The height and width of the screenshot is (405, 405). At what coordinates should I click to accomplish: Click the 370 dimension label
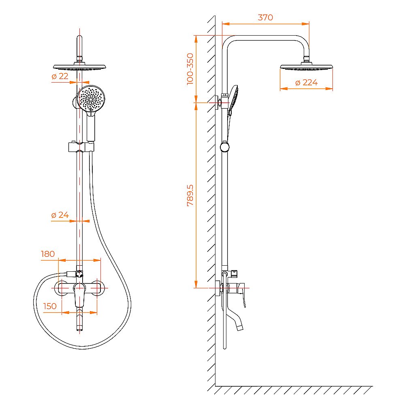[x=265, y=17]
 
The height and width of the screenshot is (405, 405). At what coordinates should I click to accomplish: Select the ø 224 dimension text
[x=306, y=83]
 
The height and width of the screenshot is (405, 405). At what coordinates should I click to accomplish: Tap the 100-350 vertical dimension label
[x=190, y=68]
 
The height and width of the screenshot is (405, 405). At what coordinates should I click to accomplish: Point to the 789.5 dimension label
[x=190, y=195]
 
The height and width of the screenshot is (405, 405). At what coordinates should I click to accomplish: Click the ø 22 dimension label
[x=60, y=76]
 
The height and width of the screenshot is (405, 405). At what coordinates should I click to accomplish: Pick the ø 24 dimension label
[x=60, y=215]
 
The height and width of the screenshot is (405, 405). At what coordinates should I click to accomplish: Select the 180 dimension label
[x=47, y=254]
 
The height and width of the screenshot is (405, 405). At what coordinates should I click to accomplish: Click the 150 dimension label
[x=50, y=306]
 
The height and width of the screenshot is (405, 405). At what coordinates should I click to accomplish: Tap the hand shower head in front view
[x=91, y=99]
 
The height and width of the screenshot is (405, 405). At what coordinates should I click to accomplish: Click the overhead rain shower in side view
[x=306, y=67]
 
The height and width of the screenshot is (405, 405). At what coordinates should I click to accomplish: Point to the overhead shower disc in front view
[x=79, y=67]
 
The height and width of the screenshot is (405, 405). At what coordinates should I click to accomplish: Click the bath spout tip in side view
[x=239, y=326]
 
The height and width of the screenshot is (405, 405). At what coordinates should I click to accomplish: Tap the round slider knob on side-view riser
[x=225, y=147]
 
